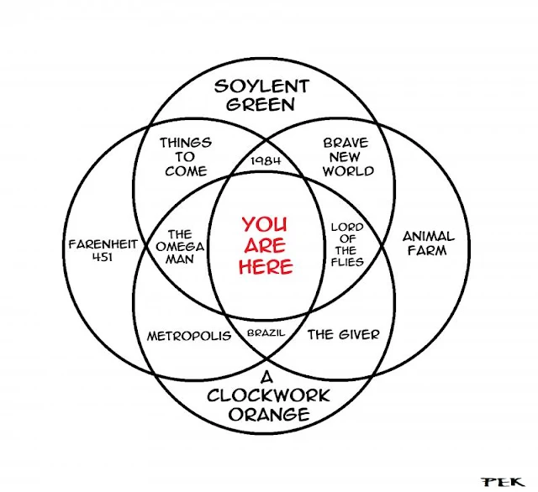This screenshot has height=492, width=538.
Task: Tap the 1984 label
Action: coord(266,161)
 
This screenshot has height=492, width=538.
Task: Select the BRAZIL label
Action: coord(266,333)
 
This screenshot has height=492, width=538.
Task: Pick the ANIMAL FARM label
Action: coord(428,243)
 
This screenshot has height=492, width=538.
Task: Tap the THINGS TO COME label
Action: coord(185,157)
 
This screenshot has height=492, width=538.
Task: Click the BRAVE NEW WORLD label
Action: coord(345,157)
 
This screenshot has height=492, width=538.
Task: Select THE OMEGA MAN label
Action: coord(181,247)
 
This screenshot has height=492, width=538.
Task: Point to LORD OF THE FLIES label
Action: coord(346,244)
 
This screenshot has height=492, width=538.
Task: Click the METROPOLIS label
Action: coord(189,335)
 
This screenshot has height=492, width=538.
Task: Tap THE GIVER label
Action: coord(343,334)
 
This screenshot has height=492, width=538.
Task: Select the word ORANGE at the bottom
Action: coord(266,415)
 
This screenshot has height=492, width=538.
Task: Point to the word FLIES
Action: coord(346,262)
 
